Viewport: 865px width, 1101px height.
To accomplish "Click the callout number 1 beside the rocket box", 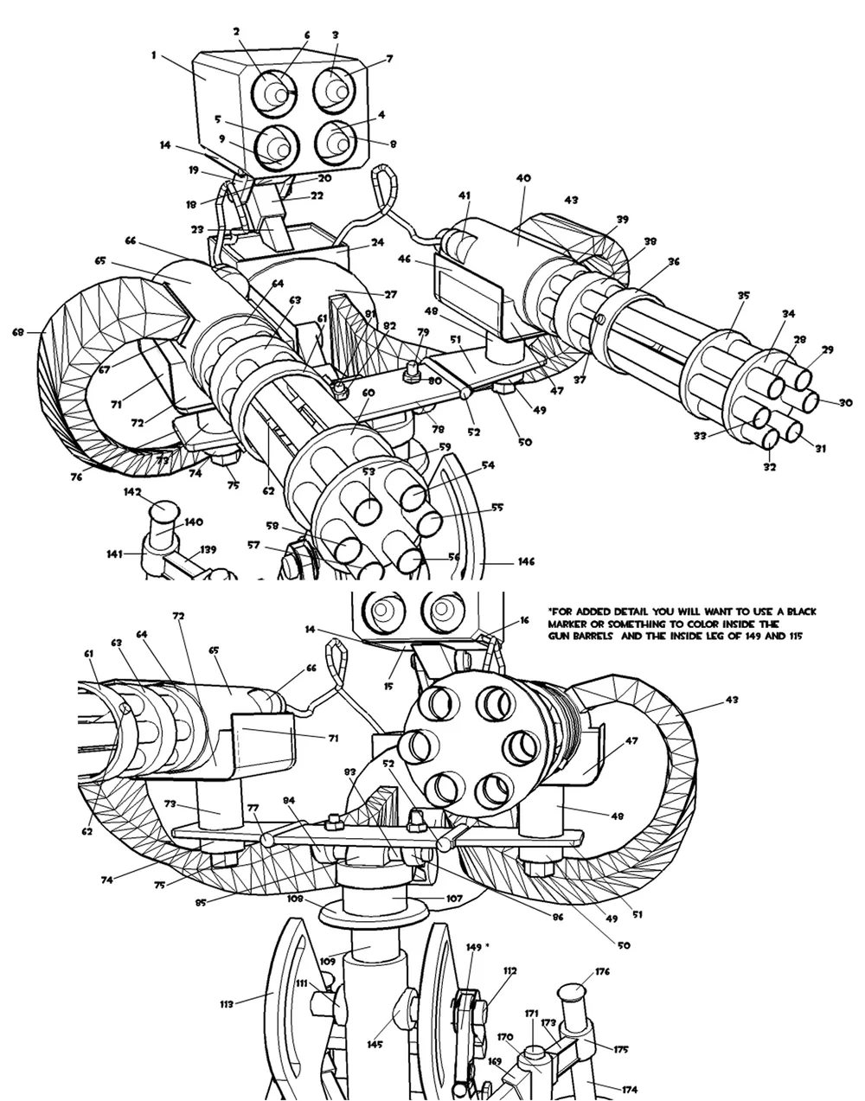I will pos(153,54).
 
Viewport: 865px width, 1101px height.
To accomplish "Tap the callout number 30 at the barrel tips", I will pos(845,402).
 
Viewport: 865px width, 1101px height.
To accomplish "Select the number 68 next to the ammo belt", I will pos(17,331).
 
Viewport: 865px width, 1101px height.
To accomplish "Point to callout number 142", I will pos(131,491).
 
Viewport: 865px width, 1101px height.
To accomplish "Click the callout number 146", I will pos(526,561).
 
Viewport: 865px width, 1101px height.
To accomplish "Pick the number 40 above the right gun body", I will pos(522,177).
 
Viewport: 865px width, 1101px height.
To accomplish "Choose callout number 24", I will pos(377,243).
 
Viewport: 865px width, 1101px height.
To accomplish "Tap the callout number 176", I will pos(602,971).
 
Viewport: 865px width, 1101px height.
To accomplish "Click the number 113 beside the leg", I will pos(227,1004).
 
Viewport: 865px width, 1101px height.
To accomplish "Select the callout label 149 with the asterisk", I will pos(476,948).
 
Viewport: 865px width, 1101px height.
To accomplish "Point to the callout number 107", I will pos(455,898).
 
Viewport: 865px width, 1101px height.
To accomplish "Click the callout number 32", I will pos(769,467).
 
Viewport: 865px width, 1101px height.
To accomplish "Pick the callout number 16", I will pos(524,621).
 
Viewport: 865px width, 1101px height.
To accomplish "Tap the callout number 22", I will pos(317,196).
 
